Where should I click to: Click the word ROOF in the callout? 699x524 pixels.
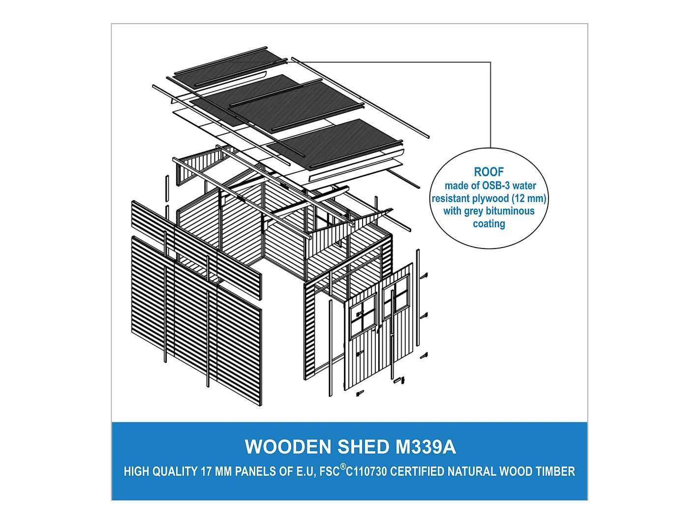pyautogui.click(x=489, y=172)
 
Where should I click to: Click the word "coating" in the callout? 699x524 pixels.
pyautogui.click(x=489, y=224)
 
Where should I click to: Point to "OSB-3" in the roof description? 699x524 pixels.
pyautogui.click(x=496, y=185)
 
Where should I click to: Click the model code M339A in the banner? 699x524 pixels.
pyautogui.click(x=426, y=447)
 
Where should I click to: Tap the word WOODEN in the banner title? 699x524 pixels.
pyautogui.click(x=288, y=447)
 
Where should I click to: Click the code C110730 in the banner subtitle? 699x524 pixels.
pyautogui.click(x=366, y=472)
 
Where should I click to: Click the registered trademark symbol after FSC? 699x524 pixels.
pyautogui.click(x=343, y=467)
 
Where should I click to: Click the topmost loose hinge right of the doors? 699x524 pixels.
pyautogui.click(x=424, y=276)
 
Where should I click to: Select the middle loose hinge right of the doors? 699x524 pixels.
pyautogui.click(x=424, y=316)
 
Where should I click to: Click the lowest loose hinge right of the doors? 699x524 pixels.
pyautogui.click(x=424, y=356)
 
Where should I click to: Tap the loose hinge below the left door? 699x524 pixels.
pyautogui.click(x=360, y=394)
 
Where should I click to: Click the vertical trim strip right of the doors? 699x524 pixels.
pyautogui.click(x=418, y=298)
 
